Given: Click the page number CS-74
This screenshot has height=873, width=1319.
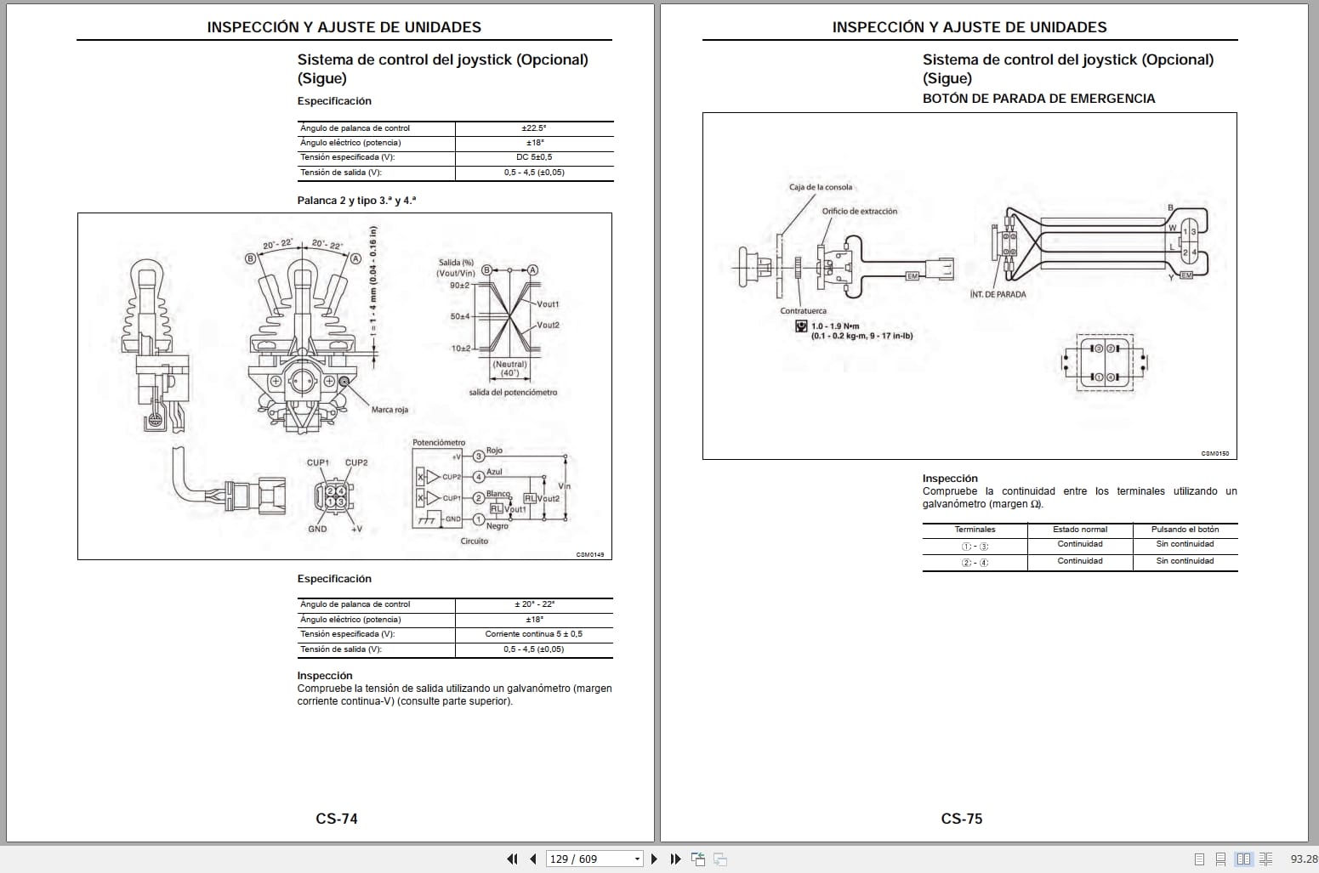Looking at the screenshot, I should pos(337,819).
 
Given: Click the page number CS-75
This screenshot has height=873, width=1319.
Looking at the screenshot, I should pos(962,819).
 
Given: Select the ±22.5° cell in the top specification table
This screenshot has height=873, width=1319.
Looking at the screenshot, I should pos(533,128).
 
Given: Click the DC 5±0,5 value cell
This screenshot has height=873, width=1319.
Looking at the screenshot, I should pos(533,157).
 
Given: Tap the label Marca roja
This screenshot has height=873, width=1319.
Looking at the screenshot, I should pos(389,410).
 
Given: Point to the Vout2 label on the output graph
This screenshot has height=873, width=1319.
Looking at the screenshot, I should pos(549,325).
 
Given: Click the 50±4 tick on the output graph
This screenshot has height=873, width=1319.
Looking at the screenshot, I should pos(459,316).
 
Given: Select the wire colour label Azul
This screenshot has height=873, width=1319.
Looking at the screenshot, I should pos(494,472).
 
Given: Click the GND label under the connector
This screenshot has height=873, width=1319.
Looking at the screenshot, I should pos(317,529).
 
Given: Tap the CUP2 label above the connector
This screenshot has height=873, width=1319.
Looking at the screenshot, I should pos(356,462).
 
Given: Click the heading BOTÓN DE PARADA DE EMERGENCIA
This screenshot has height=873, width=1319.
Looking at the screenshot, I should pos(1038,99).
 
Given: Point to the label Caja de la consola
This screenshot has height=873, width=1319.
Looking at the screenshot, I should pos(820,187).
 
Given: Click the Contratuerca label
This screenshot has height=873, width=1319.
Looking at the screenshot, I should pos(803,311).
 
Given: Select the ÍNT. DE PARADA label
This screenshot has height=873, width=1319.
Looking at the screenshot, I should pos(998,294).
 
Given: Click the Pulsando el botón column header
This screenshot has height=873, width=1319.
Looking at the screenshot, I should pos(1185,530).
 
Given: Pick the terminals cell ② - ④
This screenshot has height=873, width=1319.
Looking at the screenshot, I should pos(975,563).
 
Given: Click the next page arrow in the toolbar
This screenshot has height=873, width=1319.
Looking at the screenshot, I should pos(654,859).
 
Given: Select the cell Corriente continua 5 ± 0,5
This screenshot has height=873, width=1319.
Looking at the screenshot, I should pos(533,634).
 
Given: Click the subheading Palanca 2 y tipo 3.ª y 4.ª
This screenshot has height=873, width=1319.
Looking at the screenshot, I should pos(356,201).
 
